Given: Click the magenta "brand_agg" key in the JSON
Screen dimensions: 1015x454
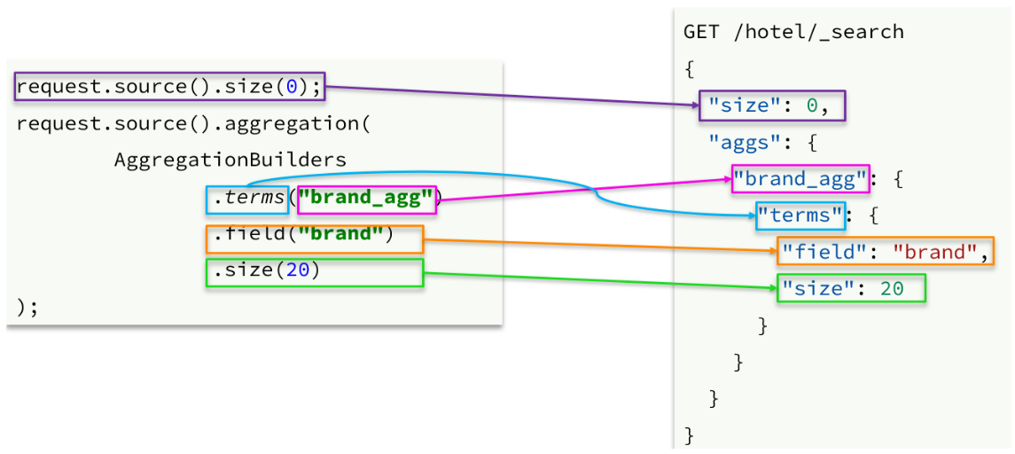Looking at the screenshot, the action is [800, 179].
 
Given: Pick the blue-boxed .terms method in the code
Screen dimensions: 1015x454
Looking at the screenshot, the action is [247, 200].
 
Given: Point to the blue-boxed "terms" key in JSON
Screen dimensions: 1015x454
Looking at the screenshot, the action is [800, 215].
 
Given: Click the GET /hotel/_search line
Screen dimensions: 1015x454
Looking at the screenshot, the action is [793, 32].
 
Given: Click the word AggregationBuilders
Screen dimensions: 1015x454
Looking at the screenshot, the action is [230, 160].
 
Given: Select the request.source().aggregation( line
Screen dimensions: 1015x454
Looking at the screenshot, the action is [193, 123].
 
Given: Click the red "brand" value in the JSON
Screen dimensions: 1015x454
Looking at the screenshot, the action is [937, 252].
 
